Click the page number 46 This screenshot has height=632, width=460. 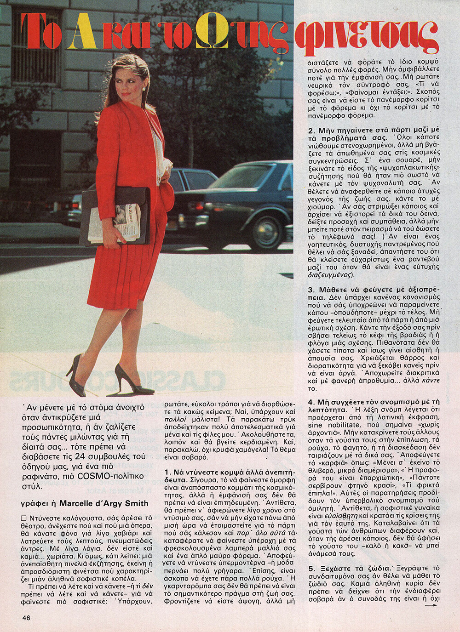26,618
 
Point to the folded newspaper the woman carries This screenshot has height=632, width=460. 115,223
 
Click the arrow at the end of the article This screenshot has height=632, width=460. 431,605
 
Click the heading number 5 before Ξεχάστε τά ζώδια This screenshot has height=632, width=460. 310,567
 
